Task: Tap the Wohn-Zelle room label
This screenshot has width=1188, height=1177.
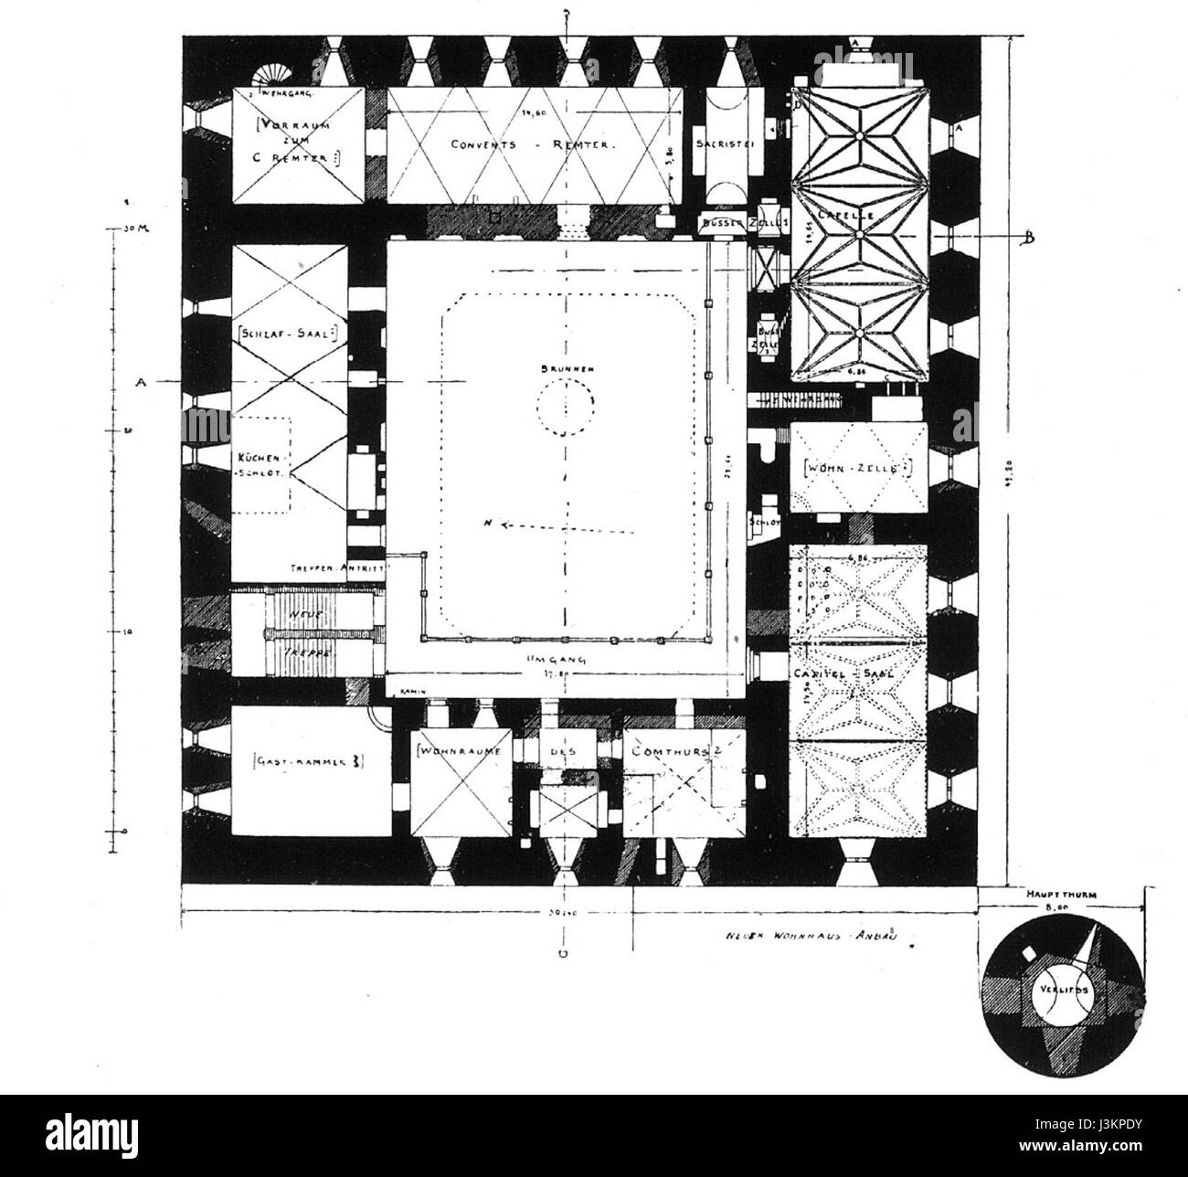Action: coord(857,469)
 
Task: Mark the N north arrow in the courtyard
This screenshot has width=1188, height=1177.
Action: coord(490,525)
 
